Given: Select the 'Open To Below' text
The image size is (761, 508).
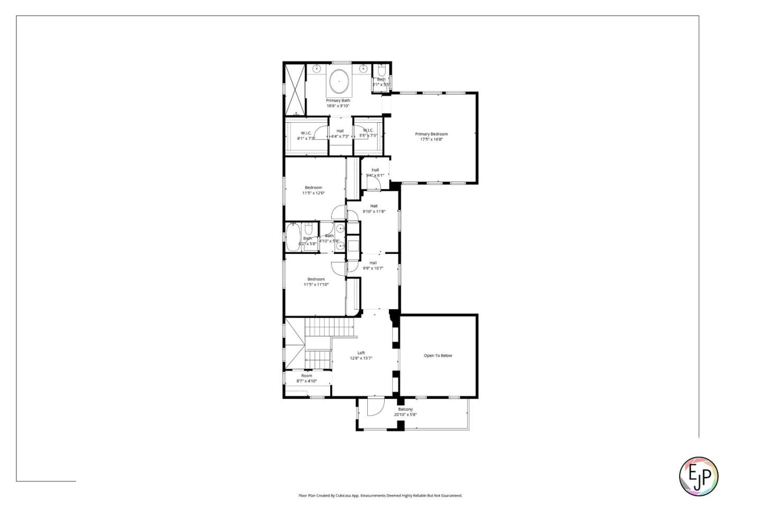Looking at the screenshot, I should click(x=438, y=356).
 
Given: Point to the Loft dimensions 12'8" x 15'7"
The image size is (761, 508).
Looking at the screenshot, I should click(x=361, y=358).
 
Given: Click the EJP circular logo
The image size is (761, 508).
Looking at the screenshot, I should click(x=698, y=476).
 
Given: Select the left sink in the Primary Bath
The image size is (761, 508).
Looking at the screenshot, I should click(x=317, y=69).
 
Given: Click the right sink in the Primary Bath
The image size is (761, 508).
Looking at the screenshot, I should click(x=363, y=69).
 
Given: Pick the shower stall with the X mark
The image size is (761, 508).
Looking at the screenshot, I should click(x=295, y=89).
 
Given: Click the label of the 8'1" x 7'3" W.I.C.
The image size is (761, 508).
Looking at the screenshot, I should click(x=306, y=135).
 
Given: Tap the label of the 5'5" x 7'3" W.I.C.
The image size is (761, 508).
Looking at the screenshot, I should click(x=368, y=133).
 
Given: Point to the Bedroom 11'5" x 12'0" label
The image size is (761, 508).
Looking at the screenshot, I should click(x=313, y=190).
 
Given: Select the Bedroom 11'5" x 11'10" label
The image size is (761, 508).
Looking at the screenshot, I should click(x=316, y=282).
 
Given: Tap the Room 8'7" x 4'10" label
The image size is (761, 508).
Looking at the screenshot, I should click(x=307, y=378).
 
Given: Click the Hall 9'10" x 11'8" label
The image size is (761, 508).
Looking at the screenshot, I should click(x=374, y=208).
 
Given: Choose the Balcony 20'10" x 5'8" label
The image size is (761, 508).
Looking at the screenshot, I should click(x=405, y=412).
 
